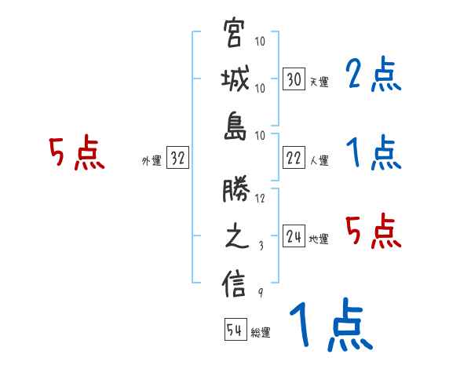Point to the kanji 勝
click(235, 191)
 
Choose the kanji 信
click(235, 283)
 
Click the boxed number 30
click(294, 79)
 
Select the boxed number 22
click(294, 158)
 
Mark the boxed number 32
click(177, 159)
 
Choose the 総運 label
click(261, 332)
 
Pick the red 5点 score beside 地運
click(374, 230)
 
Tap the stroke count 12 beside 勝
click(260, 198)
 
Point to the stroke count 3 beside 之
click(260, 244)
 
